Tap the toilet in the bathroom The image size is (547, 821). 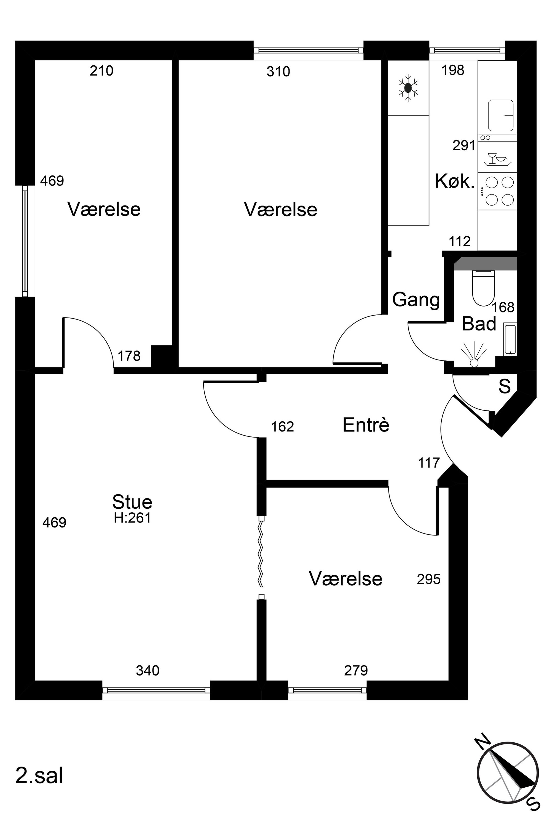tap(484, 288)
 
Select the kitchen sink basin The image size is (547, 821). tap(501, 115)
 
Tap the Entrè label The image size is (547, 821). tap(366, 425)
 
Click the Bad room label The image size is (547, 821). tap(479, 324)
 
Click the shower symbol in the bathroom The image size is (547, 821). tap(474, 355)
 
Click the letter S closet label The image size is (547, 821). tap(505, 386)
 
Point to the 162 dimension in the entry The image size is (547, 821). tap(283, 427)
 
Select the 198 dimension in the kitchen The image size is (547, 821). tap(453, 71)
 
